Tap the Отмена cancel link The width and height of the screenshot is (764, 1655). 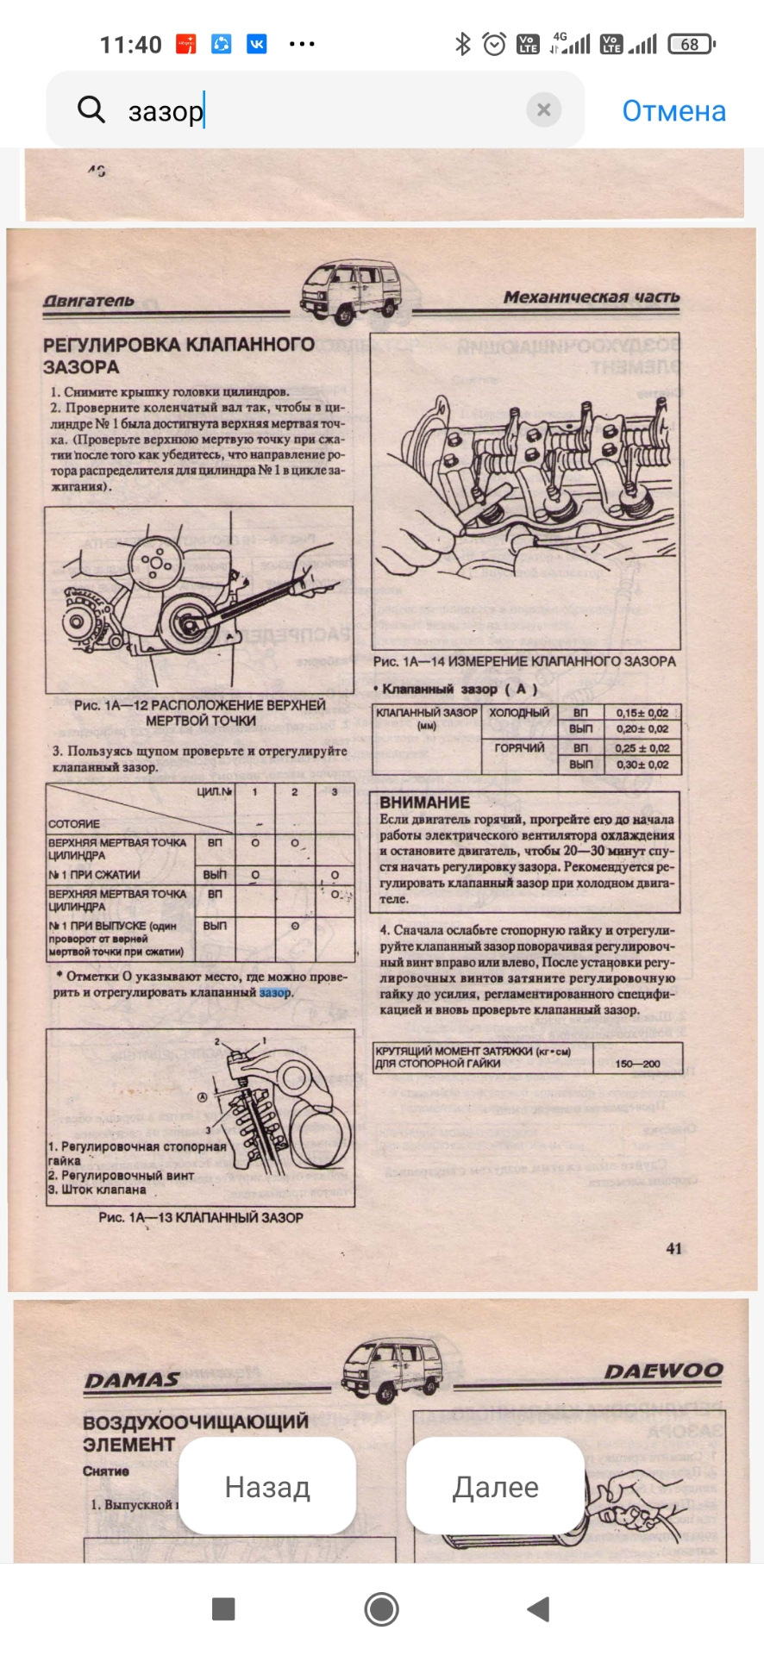click(673, 111)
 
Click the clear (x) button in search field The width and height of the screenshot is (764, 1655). click(543, 109)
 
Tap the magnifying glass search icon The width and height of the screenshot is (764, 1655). click(91, 109)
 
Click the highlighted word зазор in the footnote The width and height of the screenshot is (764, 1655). click(275, 992)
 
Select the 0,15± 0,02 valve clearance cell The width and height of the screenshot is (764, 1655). click(642, 713)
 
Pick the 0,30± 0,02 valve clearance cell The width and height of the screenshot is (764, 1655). click(642, 765)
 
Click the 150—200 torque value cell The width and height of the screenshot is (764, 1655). click(637, 1064)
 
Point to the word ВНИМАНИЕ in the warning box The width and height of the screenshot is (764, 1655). click(424, 802)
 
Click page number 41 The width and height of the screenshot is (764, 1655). click(673, 1248)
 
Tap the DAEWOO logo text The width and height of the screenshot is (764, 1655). click(663, 1371)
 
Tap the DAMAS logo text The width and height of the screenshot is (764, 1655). click(132, 1380)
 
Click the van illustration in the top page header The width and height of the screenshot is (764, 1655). click(351, 292)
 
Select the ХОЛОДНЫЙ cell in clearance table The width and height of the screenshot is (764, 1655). click(519, 713)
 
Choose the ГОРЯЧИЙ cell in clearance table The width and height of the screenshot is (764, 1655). click(519, 748)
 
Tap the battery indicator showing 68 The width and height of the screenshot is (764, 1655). click(692, 44)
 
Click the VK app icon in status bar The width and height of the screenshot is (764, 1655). click(256, 44)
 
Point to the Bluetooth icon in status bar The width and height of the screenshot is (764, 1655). click(463, 44)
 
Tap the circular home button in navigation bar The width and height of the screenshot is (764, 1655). click(381, 1608)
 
